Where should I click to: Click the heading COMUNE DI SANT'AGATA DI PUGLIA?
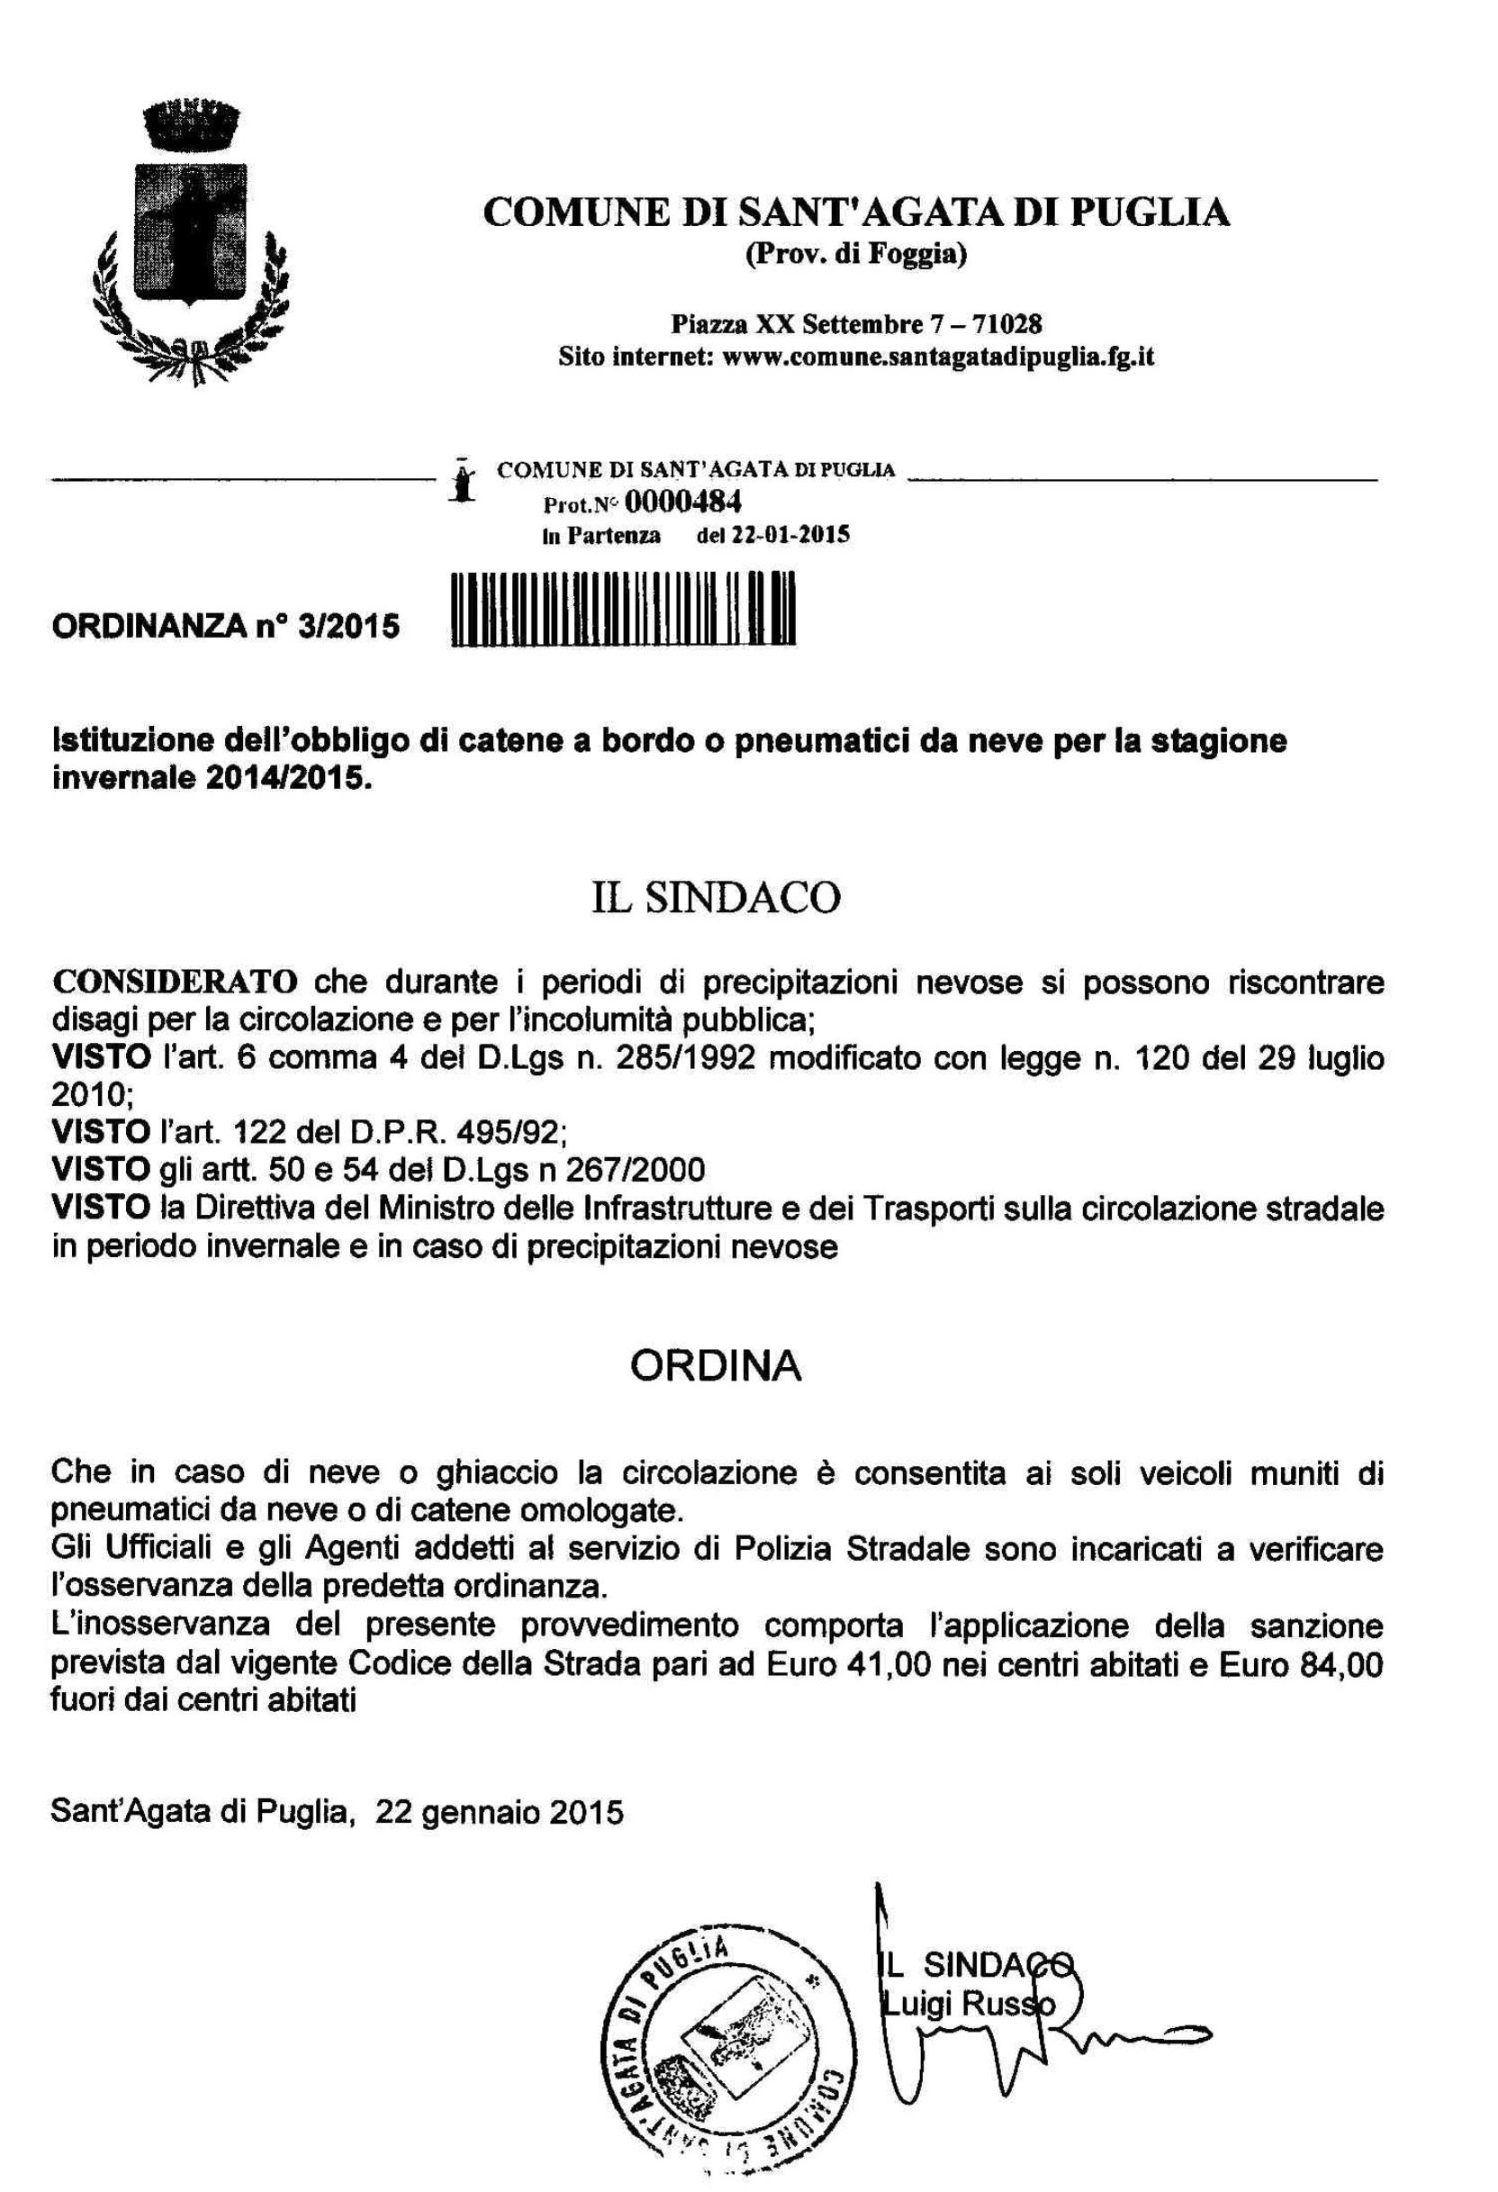[x=856, y=213]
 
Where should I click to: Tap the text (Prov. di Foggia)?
[x=856, y=256]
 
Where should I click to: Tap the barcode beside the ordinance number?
[x=625, y=609]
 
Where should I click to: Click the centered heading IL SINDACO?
[x=716, y=898]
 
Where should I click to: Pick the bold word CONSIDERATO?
[x=175, y=982]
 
